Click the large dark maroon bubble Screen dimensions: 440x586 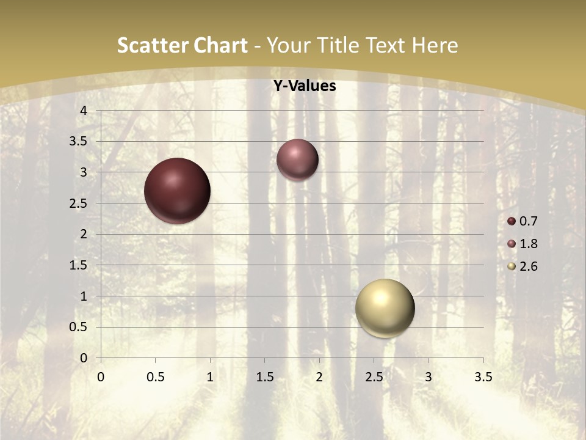coord(177,191)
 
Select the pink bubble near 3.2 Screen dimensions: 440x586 coord(297,159)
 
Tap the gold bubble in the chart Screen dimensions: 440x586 coord(385,308)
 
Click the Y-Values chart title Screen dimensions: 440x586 coord(304,86)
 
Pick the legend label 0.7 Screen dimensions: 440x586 coord(528,221)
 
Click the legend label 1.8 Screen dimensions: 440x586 coord(528,244)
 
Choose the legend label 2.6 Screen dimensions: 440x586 coord(528,266)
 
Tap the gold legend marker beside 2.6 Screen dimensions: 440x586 coord(512,266)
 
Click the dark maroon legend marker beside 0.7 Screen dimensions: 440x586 coord(512,221)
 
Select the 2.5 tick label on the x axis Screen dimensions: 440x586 coord(374,377)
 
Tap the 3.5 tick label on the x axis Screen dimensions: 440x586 coord(483,377)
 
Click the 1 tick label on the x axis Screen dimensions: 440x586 coord(210,377)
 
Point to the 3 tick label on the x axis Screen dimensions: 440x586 coord(429,377)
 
